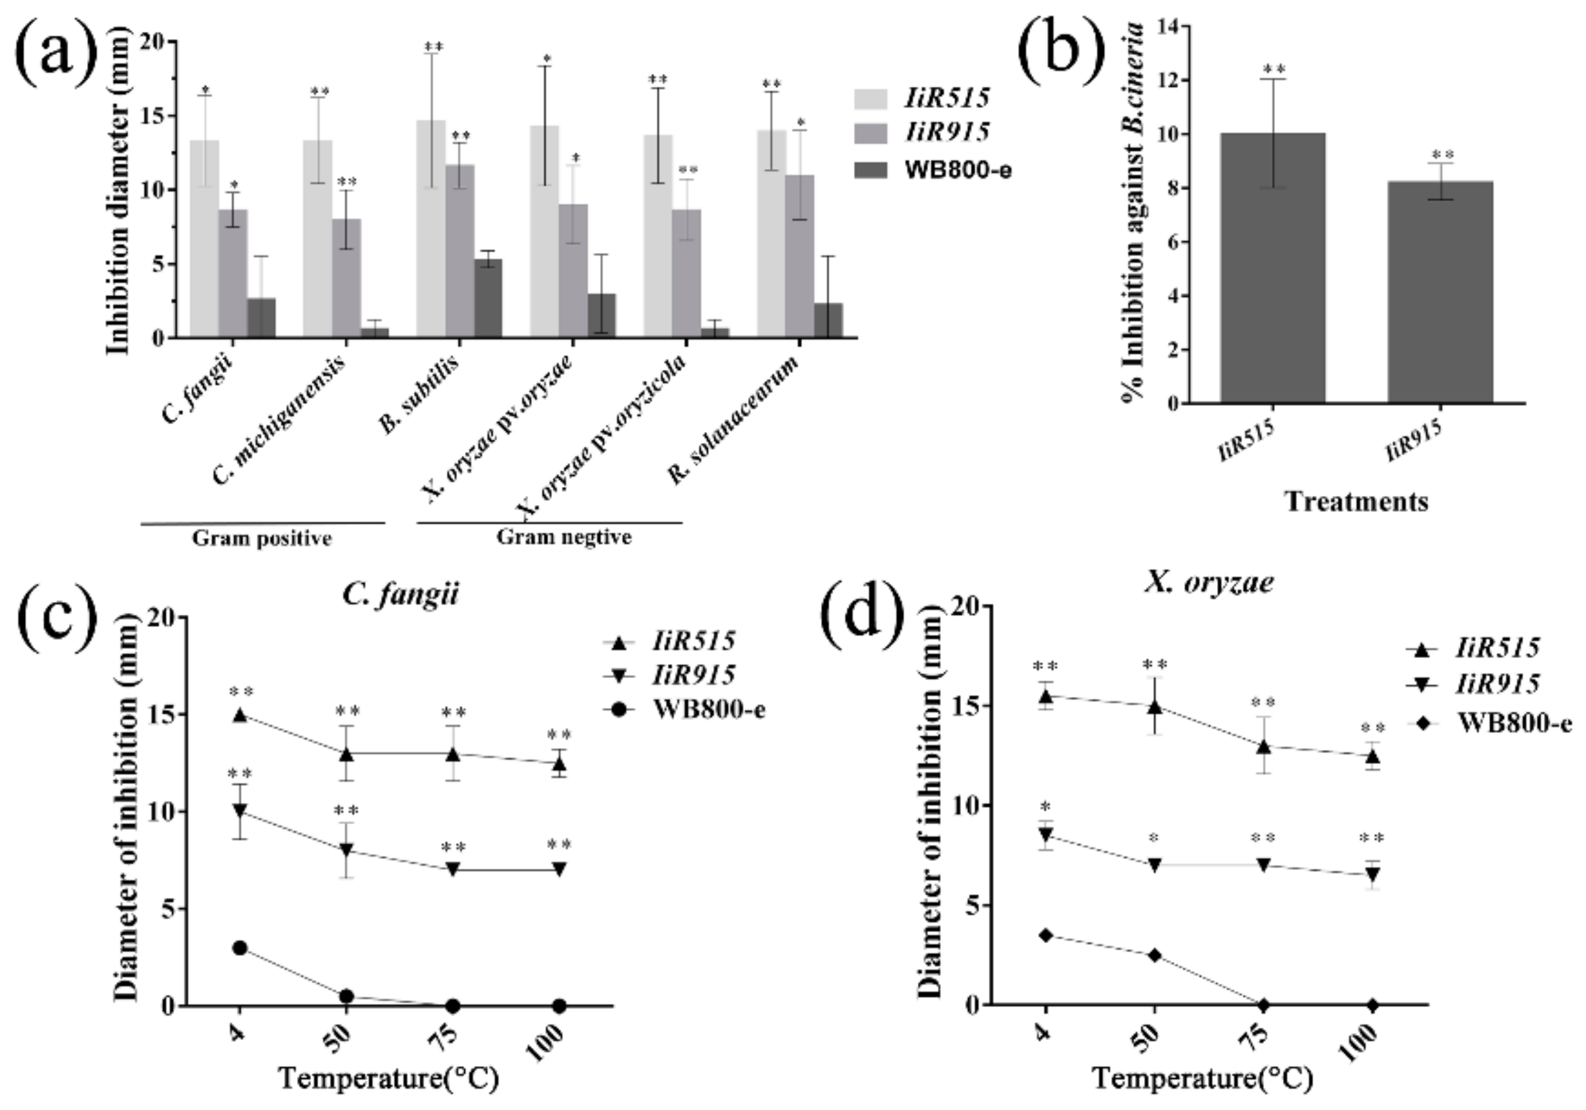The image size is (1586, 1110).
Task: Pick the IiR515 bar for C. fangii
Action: (204, 239)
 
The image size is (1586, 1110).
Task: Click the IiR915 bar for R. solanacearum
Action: (799, 256)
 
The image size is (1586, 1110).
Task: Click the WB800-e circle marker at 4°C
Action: (239, 948)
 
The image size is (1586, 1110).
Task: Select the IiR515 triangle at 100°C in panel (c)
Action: (559, 764)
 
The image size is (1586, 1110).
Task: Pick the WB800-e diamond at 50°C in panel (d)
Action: (1154, 955)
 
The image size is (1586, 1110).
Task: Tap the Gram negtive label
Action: (564, 537)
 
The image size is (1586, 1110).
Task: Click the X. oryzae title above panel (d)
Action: (1209, 583)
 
